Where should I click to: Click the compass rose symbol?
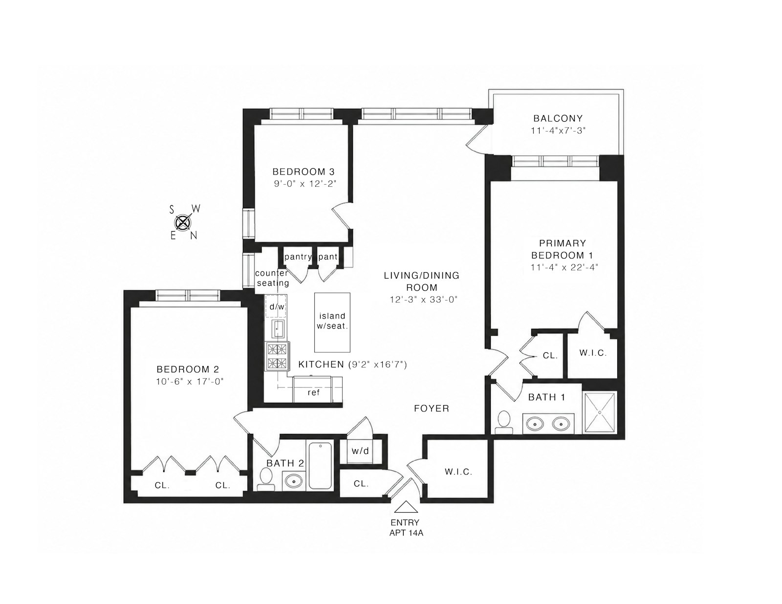point(183,222)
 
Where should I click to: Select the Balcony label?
point(558,118)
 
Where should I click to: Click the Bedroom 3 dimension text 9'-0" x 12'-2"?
point(305,184)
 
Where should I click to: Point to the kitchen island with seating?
point(332,323)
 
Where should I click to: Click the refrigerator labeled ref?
point(317,389)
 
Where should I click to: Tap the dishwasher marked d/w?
point(276,306)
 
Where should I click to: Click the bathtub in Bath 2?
point(320,466)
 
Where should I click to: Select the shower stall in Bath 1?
point(600,412)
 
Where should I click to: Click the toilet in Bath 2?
point(266,479)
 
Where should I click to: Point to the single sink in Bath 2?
point(294,480)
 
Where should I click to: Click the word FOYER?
point(432,409)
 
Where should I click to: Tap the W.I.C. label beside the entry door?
point(458,472)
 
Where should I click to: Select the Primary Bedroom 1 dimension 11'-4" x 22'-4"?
point(564,267)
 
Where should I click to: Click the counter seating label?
point(272,278)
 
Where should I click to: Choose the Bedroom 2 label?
point(188,369)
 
